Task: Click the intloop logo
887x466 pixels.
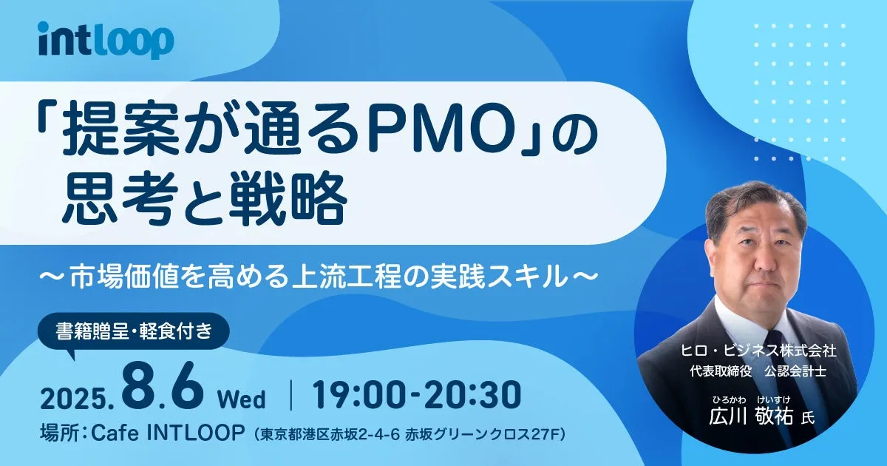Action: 106,41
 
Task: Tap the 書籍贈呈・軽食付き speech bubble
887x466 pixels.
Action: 134,331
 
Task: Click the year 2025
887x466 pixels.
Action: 78,399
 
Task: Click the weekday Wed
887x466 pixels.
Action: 241,399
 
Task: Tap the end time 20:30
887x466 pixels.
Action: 472,395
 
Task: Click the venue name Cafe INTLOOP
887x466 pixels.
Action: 168,433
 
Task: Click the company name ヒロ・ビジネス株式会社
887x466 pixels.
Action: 758,351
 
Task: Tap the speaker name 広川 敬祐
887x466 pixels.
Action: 751,416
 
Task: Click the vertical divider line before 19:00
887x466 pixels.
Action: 291,395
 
